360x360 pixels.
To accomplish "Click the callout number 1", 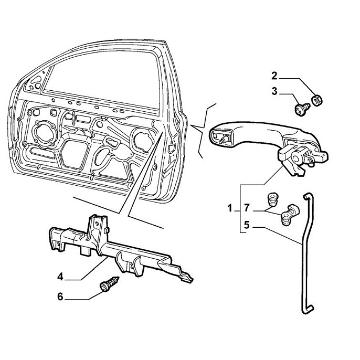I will coord(230,209).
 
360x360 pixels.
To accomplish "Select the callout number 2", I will coord(274,76).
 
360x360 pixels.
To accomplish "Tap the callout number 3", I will coord(274,92).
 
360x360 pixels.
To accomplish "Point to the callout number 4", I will coord(60,277).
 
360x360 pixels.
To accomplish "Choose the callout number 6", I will coord(60,297).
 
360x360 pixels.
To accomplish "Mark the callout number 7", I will coord(248,209).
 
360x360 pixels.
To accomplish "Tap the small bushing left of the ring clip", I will coord(272,199).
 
